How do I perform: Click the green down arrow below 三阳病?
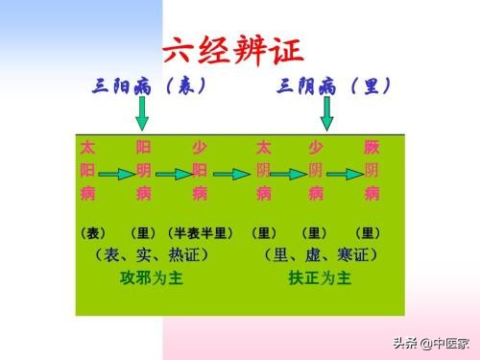point(142,113)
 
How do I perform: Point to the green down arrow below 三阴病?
point(326,113)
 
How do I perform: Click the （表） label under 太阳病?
point(93,233)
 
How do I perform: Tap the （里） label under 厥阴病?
point(368,233)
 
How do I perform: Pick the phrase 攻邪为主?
point(151,278)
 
